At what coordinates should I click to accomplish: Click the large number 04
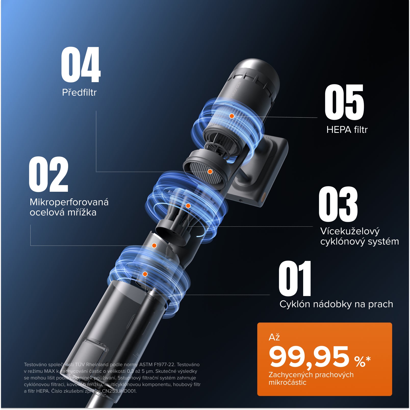click(81, 65)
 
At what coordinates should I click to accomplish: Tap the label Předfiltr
click(79, 92)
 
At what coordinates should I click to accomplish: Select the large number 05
click(344, 102)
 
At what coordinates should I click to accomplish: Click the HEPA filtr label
click(347, 130)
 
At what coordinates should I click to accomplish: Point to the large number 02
click(49, 174)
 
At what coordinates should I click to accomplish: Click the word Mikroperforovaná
click(69, 202)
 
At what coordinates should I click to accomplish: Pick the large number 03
click(338, 204)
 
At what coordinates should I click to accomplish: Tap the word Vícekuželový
click(350, 231)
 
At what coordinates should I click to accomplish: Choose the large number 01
click(295, 278)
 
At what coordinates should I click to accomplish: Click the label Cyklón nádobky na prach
click(336, 304)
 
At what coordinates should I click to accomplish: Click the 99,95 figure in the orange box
click(309, 357)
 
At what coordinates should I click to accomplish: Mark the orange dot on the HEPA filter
click(232, 116)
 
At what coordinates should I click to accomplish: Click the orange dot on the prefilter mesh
click(210, 172)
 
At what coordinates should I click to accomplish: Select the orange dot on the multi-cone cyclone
click(188, 206)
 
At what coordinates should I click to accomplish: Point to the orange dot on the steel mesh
click(154, 246)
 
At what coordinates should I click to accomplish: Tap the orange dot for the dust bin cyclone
click(145, 274)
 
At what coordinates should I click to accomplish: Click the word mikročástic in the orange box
click(287, 382)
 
